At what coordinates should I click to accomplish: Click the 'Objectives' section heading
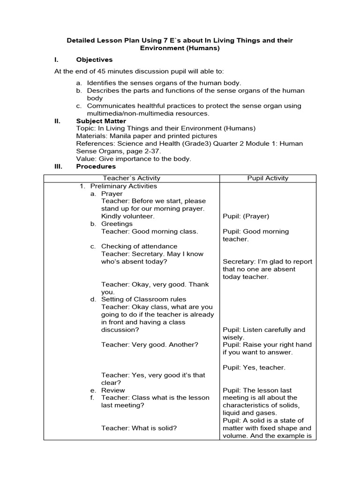94,60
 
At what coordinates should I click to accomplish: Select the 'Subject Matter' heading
99,121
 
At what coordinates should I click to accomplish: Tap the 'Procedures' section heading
96,166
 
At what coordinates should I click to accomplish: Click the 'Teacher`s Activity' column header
131,178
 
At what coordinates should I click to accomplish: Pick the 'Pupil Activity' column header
268,178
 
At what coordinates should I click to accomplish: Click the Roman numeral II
58,121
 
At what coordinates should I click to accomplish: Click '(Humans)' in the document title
201,48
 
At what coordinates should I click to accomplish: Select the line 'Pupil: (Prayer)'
246,216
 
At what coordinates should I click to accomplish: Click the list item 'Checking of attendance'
139,247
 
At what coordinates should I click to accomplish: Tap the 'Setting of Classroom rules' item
143,300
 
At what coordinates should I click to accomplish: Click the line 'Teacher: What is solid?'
139,427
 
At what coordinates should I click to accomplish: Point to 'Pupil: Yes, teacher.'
254,367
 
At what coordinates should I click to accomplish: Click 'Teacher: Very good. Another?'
150,345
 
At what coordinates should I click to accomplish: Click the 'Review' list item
113,390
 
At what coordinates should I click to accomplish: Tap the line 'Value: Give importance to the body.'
134,159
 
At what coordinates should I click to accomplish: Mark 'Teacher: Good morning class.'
150,232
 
